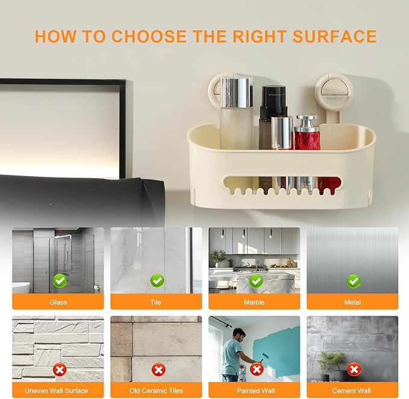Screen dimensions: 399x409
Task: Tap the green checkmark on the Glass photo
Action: tap(59, 280)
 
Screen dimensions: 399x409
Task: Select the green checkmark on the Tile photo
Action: tap(157, 280)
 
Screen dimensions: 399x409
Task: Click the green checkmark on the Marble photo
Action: tap(256, 281)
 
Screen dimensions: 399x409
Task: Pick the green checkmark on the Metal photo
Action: tap(354, 281)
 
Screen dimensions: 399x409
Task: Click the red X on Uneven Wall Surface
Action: tap(59, 369)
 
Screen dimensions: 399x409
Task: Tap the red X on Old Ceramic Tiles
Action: tap(157, 369)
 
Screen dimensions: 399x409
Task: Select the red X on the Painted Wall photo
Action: tap(257, 369)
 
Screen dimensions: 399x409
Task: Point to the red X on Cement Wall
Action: tap(354, 369)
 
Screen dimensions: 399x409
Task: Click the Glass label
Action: tap(58, 302)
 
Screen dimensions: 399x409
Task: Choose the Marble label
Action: tap(255, 302)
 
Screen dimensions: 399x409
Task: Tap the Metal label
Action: tap(353, 302)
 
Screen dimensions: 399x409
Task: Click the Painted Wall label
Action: tap(255, 391)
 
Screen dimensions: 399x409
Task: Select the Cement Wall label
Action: tap(353, 391)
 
